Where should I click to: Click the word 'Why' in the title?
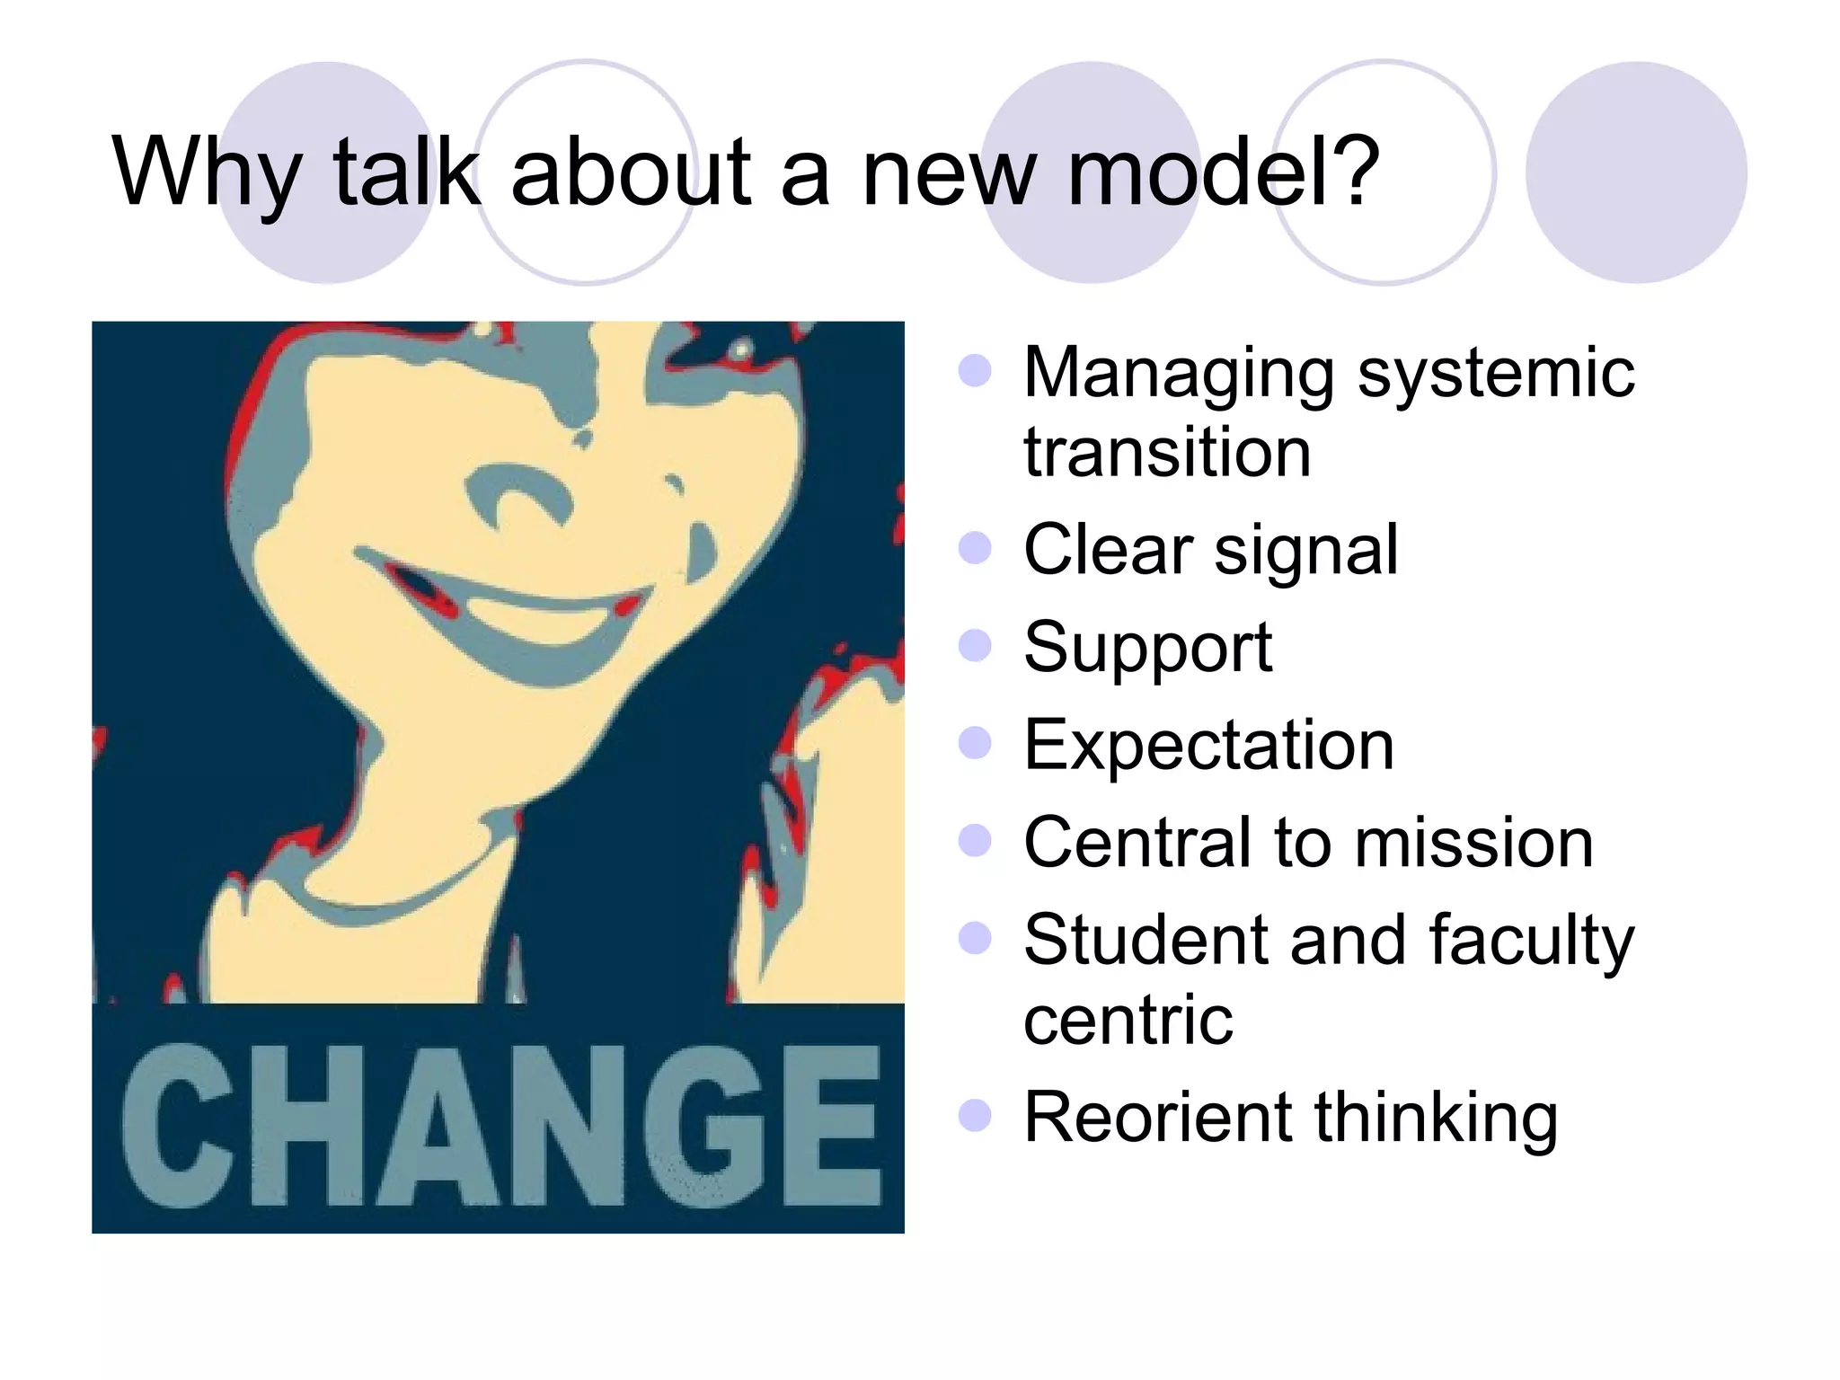tap(206, 172)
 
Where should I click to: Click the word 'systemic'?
tap(1495, 374)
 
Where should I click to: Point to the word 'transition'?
tap(1167, 452)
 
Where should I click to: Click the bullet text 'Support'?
tap(1147, 648)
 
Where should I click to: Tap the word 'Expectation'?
tap(1208, 745)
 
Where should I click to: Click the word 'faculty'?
tap(1531, 941)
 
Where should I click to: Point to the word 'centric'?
tap(1128, 1020)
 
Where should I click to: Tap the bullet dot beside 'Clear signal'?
tap(975, 548)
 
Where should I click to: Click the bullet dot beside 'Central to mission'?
tap(975, 841)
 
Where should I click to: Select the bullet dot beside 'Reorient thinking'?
tap(975, 1116)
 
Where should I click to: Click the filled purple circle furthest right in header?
tap(1635, 172)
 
